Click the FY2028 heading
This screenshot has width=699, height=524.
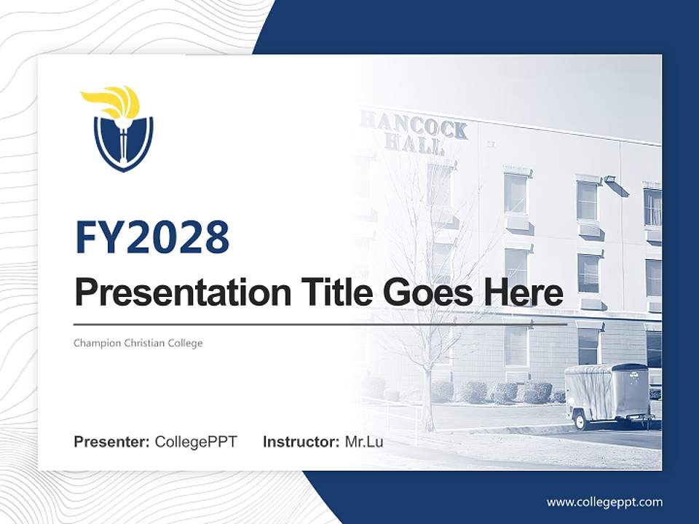[x=152, y=237]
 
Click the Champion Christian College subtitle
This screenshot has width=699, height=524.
[x=138, y=343]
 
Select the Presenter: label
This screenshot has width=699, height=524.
[x=112, y=442]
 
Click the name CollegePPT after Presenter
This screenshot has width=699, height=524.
[x=196, y=442]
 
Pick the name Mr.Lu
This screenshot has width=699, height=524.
[x=364, y=442]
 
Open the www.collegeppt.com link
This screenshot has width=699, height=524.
[x=604, y=501]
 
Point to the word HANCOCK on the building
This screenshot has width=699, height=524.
[x=415, y=124]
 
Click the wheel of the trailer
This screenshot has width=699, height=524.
[x=580, y=421]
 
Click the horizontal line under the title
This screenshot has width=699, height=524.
[x=320, y=323]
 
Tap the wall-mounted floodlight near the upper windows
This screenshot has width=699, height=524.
[x=610, y=179]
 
